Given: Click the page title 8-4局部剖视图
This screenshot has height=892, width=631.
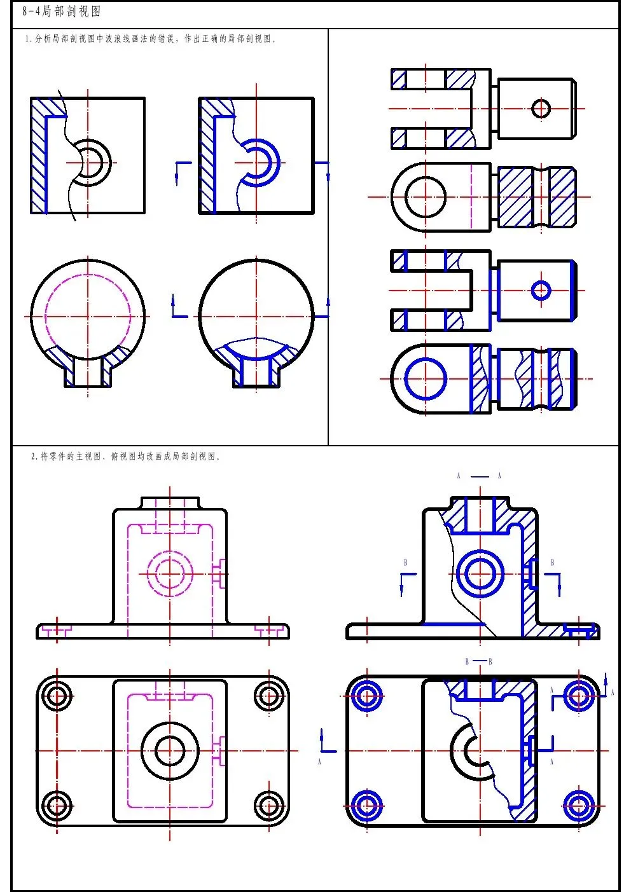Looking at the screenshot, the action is click(61, 11).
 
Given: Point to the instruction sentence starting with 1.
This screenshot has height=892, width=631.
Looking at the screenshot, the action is click(150, 39).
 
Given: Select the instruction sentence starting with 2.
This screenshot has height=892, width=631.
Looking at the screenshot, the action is click(126, 456).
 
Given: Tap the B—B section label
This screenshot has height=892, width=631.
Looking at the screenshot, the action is click(478, 661).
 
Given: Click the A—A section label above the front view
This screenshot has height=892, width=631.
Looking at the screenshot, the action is click(479, 476).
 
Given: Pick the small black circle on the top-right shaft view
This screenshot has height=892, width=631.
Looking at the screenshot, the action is click(541, 108).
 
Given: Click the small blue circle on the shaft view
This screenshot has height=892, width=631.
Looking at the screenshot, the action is click(541, 291).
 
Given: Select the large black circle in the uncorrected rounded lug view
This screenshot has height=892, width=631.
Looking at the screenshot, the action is click(426, 196).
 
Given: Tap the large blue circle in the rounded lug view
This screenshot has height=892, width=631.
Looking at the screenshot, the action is click(426, 379).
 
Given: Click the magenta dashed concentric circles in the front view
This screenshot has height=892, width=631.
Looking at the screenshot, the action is click(170, 574).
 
